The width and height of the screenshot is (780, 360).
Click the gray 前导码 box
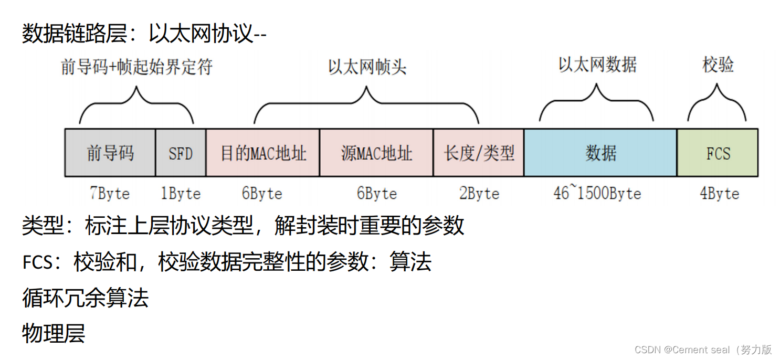(x=110, y=153)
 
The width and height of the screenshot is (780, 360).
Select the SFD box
(x=181, y=153)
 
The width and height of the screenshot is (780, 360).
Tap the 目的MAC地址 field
(x=262, y=153)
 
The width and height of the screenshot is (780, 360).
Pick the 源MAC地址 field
(x=376, y=153)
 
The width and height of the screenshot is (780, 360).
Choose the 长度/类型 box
(x=478, y=153)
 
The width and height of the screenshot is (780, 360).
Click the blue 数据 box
(x=600, y=153)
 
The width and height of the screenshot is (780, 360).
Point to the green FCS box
(x=718, y=153)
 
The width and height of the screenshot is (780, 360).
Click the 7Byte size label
(x=109, y=194)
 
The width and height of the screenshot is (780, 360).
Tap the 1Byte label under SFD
(x=181, y=194)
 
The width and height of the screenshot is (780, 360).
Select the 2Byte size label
(x=479, y=194)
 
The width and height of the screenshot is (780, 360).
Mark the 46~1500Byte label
(x=597, y=194)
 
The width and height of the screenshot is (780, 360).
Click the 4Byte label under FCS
(x=719, y=194)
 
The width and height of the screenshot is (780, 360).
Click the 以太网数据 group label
(x=597, y=65)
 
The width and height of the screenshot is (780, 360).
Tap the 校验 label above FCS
(x=718, y=65)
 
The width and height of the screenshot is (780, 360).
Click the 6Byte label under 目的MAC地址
(x=262, y=194)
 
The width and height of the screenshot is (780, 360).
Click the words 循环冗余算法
(x=86, y=298)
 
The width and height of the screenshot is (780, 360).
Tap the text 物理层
(x=54, y=333)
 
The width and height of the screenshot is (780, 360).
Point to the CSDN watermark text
(x=703, y=350)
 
